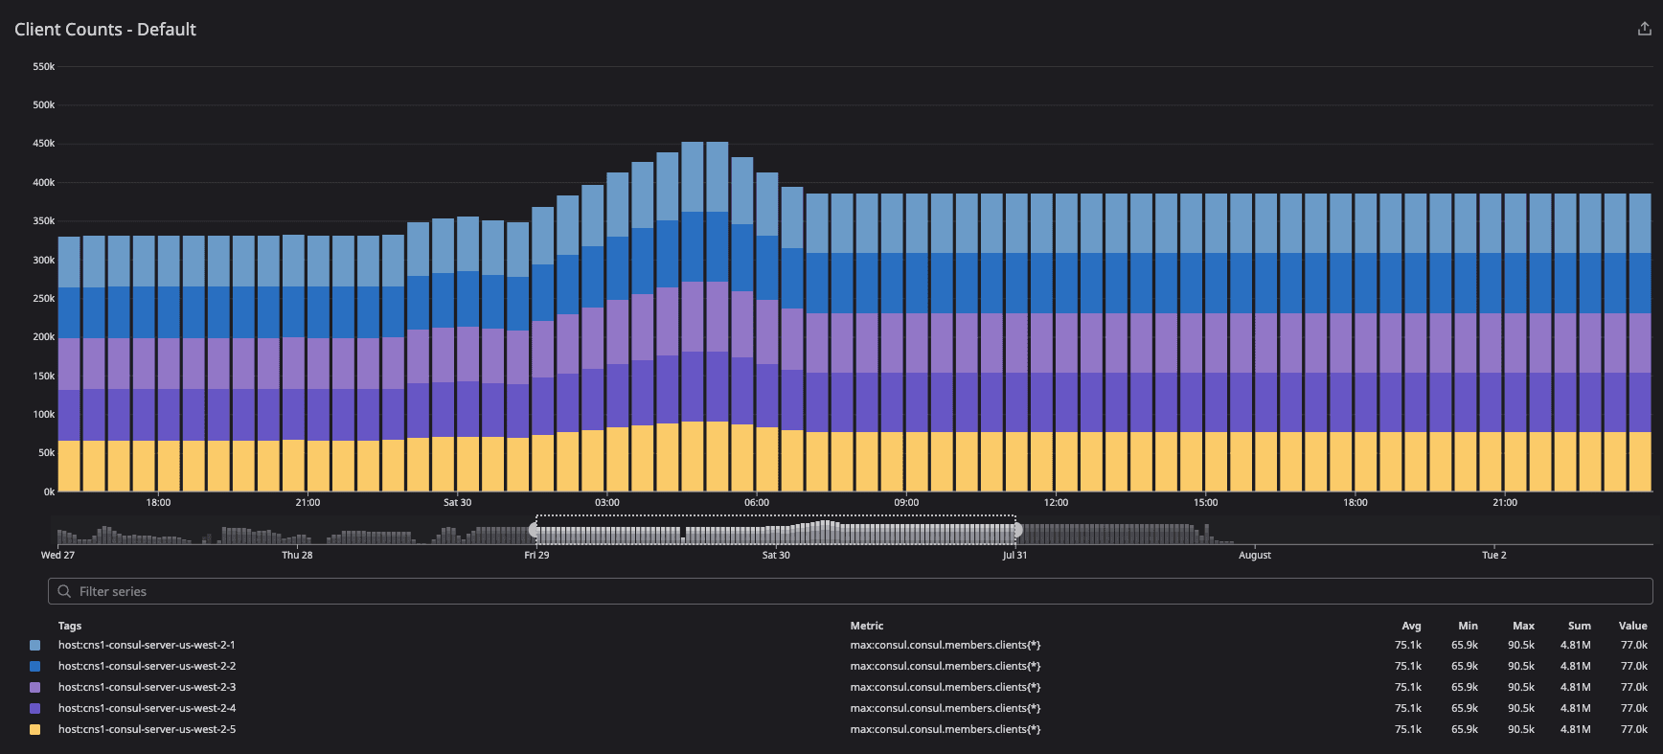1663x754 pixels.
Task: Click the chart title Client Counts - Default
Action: (105, 30)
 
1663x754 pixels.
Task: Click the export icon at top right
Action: (1644, 30)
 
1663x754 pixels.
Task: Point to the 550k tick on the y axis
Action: (44, 67)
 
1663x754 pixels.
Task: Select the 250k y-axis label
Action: (44, 299)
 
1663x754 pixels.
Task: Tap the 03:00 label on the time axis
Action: (606, 503)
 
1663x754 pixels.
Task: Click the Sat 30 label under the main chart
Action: (457, 503)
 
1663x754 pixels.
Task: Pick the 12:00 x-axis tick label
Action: (1056, 503)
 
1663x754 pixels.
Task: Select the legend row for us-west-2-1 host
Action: (147, 646)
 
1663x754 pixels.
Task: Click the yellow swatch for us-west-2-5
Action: (35, 730)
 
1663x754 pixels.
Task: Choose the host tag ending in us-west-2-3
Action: (147, 688)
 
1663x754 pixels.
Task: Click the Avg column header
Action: (1411, 627)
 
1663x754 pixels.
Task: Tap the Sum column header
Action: (1579, 627)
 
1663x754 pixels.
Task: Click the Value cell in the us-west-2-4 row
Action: (1633, 709)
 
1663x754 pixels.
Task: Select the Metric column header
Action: (867, 627)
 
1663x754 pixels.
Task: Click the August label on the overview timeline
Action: (1254, 556)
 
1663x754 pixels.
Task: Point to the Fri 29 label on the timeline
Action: (536, 556)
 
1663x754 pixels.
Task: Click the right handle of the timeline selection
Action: (1016, 530)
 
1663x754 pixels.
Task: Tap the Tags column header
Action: (70, 627)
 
